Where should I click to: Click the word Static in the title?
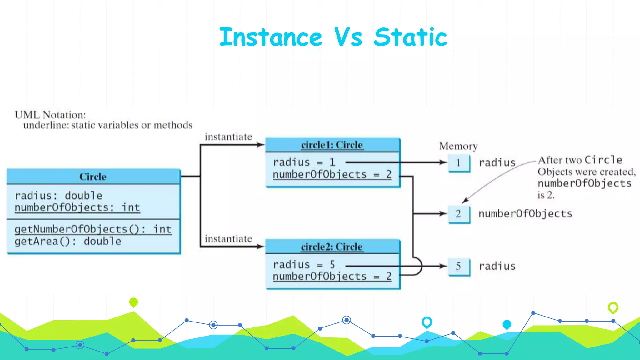pos(410,37)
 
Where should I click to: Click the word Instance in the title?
pos(271,37)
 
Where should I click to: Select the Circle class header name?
pos(93,177)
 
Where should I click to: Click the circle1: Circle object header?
pos(332,145)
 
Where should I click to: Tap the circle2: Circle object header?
pos(332,247)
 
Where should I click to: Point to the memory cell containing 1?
pos(458,163)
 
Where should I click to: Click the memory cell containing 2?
pos(458,214)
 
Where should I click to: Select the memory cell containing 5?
pos(458,266)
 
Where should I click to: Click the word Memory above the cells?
pos(458,146)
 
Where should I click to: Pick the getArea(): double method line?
pos(68,242)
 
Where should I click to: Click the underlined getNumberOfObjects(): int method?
pos(93,229)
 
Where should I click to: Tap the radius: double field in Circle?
pos(58,196)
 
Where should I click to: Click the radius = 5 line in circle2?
pos(304,265)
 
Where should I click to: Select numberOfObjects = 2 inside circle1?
pos(332,174)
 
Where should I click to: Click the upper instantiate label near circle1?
pos(228,137)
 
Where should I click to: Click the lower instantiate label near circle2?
pos(228,239)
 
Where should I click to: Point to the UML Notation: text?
pos(50,115)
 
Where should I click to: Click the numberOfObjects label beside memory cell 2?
pos(525,214)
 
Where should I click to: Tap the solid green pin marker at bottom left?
pos(133,302)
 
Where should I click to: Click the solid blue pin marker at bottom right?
pos(507,324)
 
